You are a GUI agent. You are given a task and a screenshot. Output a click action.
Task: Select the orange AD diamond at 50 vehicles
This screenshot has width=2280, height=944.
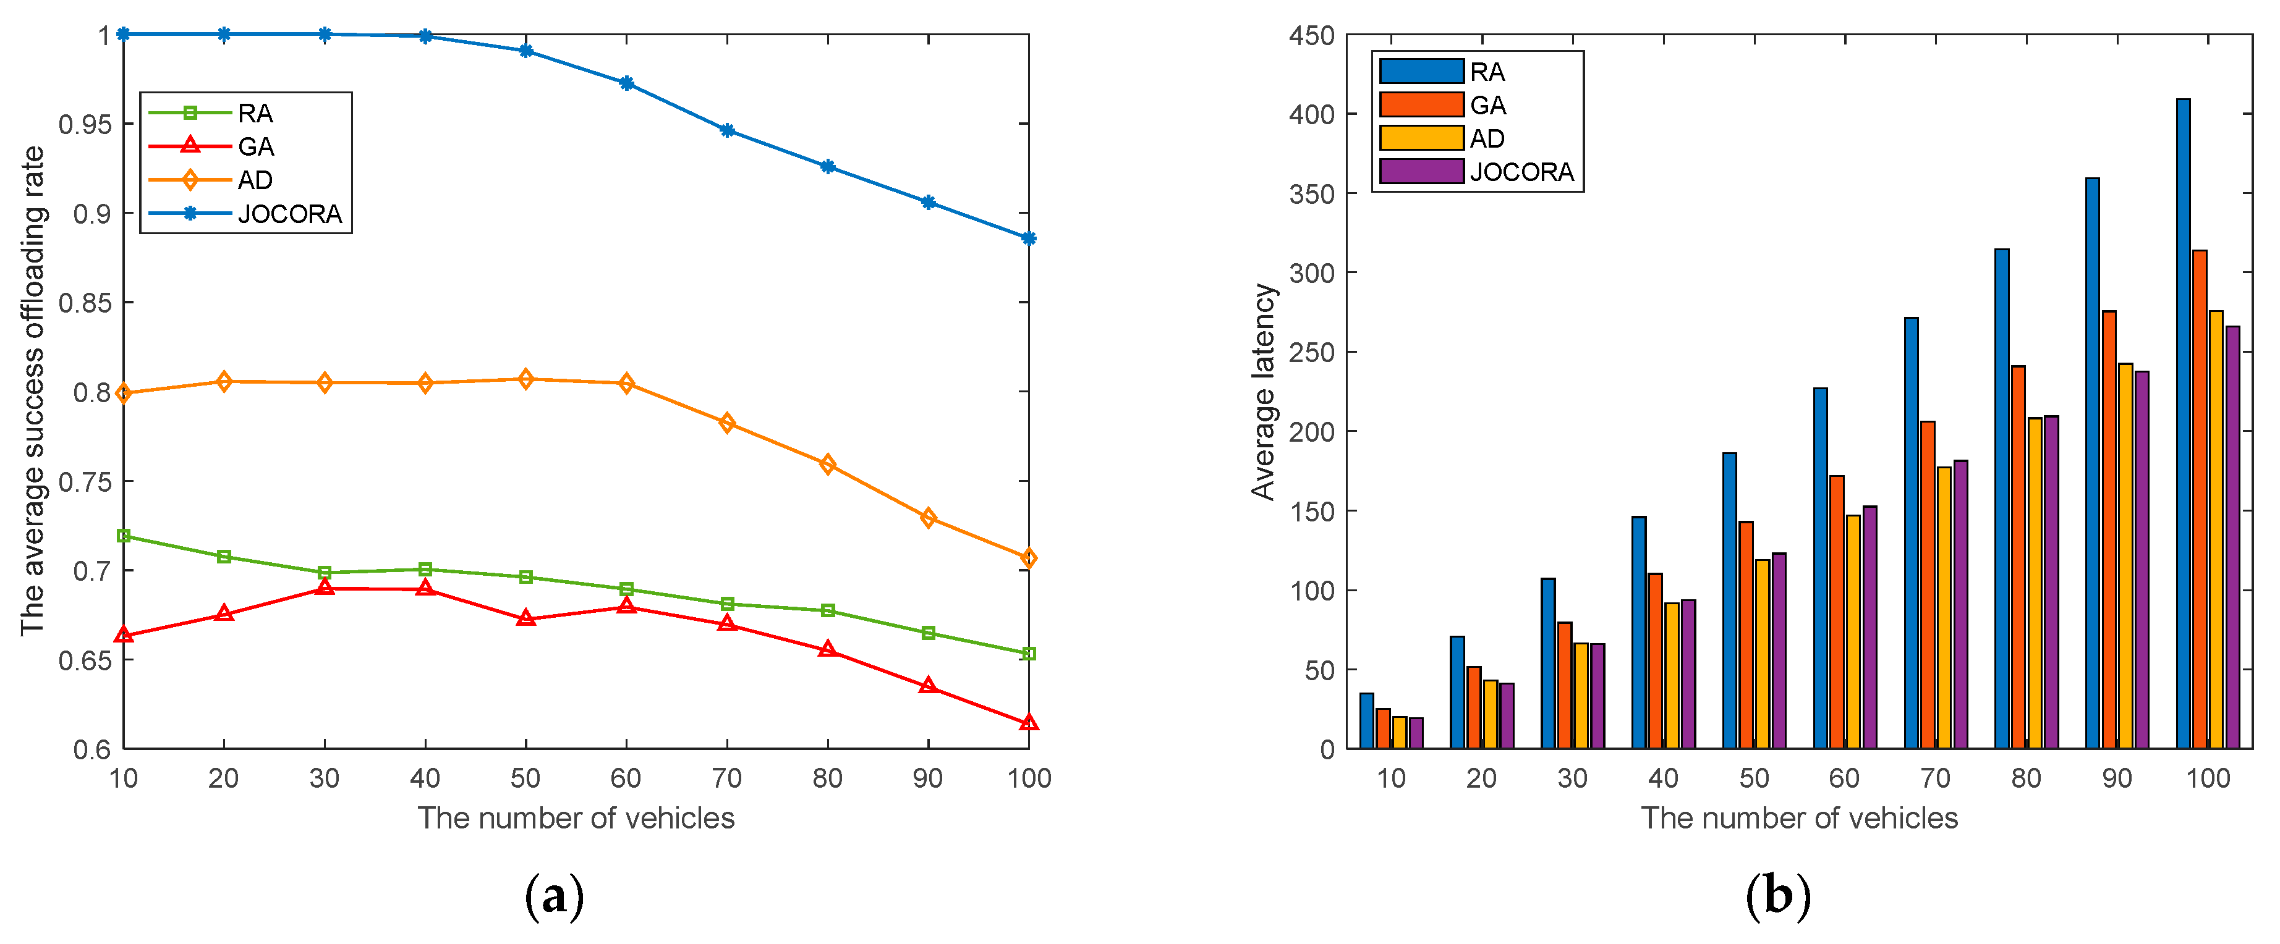click(525, 379)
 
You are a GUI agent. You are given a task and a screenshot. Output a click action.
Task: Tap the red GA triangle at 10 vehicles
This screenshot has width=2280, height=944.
click(123, 635)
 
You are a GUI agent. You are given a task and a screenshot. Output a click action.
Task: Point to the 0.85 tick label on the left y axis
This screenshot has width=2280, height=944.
click(85, 303)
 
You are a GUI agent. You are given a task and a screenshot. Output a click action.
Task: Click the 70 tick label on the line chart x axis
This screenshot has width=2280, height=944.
click(726, 778)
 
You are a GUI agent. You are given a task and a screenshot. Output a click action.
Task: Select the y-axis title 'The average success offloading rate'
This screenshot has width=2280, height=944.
click(32, 390)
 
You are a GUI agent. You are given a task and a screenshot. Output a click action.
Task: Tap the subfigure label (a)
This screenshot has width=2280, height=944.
click(555, 896)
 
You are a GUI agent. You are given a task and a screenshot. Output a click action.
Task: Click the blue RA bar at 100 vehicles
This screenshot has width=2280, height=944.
click(2183, 424)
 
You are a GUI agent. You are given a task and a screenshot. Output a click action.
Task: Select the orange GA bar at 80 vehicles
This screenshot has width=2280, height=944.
click(2018, 557)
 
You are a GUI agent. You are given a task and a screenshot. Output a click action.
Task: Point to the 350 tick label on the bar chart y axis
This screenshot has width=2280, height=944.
click(1312, 194)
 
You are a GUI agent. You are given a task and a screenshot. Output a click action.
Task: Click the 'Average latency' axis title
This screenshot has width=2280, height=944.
click(1262, 392)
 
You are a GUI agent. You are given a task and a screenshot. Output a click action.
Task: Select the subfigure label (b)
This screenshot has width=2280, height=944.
click(1777, 896)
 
